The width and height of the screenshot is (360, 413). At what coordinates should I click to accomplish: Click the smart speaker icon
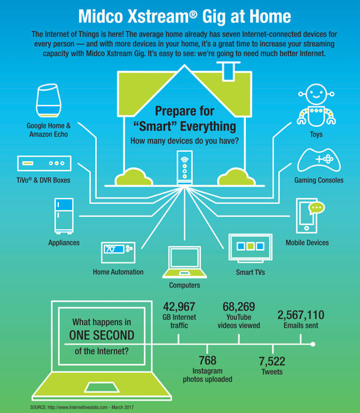pyautogui.click(x=49, y=100)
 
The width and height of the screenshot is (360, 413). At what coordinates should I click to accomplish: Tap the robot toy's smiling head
pyautogui.click(x=316, y=94)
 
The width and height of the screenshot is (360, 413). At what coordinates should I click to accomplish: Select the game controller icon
pyautogui.click(x=319, y=160)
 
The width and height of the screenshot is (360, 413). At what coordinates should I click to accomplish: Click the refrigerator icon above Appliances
pyautogui.click(x=64, y=216)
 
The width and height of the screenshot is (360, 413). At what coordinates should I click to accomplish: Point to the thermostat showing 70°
pyautogui.click(x=118, y=253)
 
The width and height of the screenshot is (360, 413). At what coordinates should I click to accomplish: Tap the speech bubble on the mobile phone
pyautogui.click(x=316, y=208)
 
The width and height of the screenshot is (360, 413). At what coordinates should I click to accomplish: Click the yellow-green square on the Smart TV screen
pyautogui.click(x=250, y=246)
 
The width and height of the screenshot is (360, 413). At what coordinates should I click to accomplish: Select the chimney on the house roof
pyautogui.click(x=229, y=71)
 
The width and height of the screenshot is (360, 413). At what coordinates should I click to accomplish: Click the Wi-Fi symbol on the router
pyautogui.click(x=185, y=160)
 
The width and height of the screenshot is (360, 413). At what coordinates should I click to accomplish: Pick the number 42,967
pyautogui.click(x=179, y=307)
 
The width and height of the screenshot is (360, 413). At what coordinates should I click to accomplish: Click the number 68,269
pyautogui.click(x=239, y=307)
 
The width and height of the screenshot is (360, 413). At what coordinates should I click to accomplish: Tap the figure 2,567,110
pyautogui.click(x=301, y=315)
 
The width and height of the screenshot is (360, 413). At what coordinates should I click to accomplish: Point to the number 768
pyautogui.click(x=208, y=360)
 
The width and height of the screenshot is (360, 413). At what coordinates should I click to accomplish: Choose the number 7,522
pyautogui.click(x=272, y=361)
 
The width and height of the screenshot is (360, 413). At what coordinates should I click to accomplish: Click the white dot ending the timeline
pyautogui.click(x=313, y=344)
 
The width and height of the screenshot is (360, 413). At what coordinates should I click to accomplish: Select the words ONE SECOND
pyautogui.click(x=101, y=336)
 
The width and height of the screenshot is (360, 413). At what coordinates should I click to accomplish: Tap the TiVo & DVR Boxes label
pyautogui.click(x=43, y=180)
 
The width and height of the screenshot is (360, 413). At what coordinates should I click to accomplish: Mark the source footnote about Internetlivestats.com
pyautogui.click(x=82, y=407)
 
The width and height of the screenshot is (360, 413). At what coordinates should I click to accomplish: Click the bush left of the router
pyautogui.click(x=134, y=176)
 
